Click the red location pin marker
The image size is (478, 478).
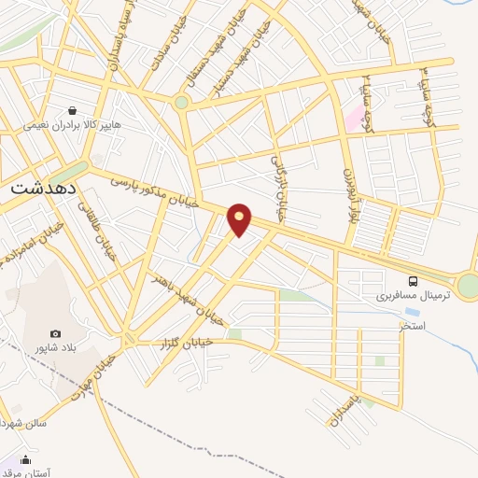click(x=240, y=218)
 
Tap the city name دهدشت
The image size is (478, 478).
click(x=43, y=187)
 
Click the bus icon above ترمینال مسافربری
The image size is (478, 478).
click(x=413, y=280)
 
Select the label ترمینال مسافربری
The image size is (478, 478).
click(x=413, y=295)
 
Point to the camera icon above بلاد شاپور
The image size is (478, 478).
click(x=55, y=334)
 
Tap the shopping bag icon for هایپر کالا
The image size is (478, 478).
click(x=72, y=109)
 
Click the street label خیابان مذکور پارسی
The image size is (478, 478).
click(x=151, y=189)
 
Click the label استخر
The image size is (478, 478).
click(x=411, y=326)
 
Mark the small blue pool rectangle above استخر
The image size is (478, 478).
click(x=412, y=312)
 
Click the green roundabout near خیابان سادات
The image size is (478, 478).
click(x=181, y=103)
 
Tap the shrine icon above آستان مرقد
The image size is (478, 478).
click(x=25, y=460)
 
